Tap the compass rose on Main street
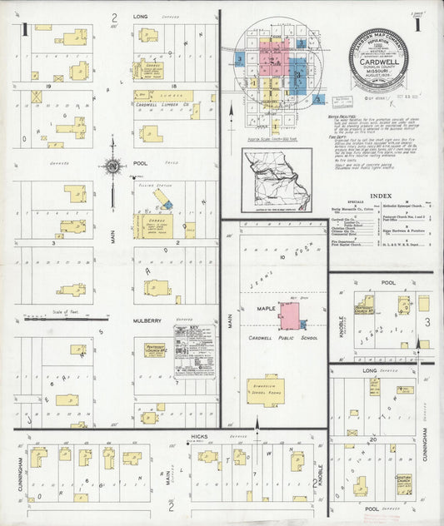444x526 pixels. (112, 166)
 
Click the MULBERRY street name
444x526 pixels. (147, 319)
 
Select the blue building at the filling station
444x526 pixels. (166, 203)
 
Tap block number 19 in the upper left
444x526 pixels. (50, 85)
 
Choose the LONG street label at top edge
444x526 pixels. (140, 16)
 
